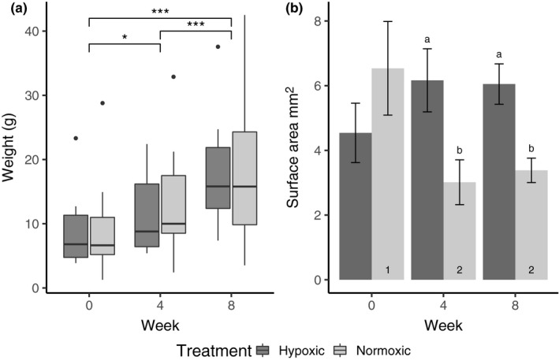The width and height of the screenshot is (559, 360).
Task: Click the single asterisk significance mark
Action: pyautogui.click(x=125, y=37)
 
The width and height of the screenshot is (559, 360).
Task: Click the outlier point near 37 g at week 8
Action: pyautogui.click(x=218, y=46)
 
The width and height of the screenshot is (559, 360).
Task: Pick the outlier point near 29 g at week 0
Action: pyautogui.click(x=101, y=103)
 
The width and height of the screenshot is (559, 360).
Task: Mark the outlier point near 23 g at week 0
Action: pyautogui.click(x=76, y=138)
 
